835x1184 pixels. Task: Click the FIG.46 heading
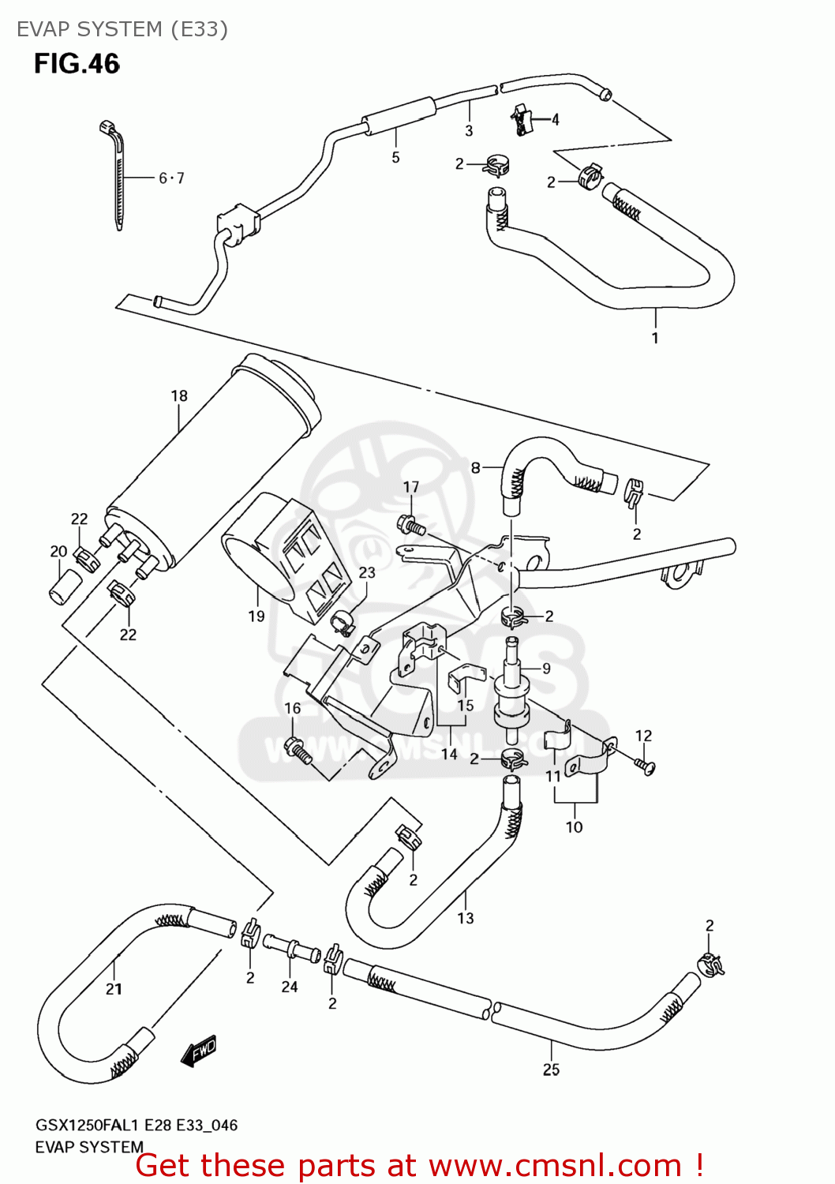[x=77, y=64]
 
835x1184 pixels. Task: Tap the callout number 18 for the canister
[x=179, y=396]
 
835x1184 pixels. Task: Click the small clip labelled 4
[x=521, y=118]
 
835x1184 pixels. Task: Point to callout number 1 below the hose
[x=654, y=338]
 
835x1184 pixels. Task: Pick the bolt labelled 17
[x=412, y=523]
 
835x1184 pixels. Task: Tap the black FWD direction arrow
[x=198, y=1051]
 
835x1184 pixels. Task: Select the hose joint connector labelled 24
[x=291, y=946]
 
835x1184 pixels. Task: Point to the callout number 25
[x=551, y=1070]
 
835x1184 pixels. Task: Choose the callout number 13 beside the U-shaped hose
[x=466, y=918]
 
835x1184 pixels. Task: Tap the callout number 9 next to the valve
[x=546, y=669]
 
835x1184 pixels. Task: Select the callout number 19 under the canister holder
[x=256, y=616]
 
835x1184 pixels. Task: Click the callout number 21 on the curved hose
[x=114, y=989]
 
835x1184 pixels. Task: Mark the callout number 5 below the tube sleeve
[x=395, y=158]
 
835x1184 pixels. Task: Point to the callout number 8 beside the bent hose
[x=475, y=468]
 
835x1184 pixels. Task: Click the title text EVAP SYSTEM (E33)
[x=122, y=29]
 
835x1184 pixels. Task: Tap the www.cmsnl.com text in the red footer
[x=555, y=1165]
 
